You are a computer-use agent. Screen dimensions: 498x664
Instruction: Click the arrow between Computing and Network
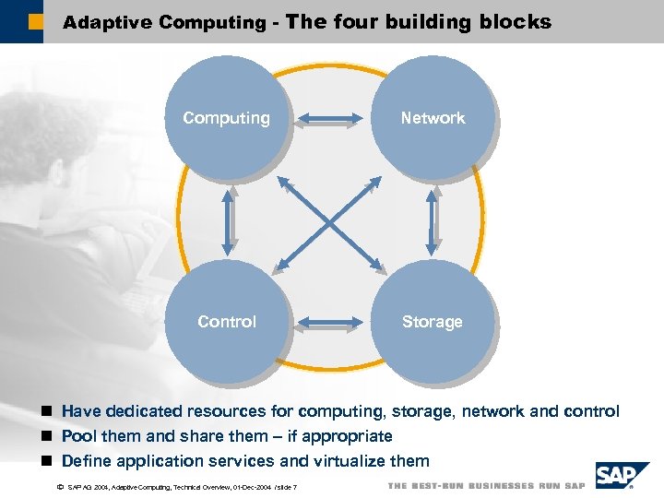point(329,118)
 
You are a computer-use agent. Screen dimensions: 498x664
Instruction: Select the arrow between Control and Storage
point(329,323)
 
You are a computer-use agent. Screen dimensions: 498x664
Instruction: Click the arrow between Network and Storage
point(431,220)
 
